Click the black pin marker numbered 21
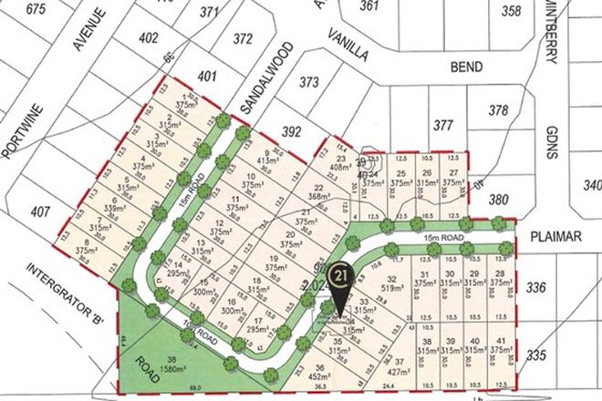[341, 273]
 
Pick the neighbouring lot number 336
[535, 288]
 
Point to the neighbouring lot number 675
[36, 9]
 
